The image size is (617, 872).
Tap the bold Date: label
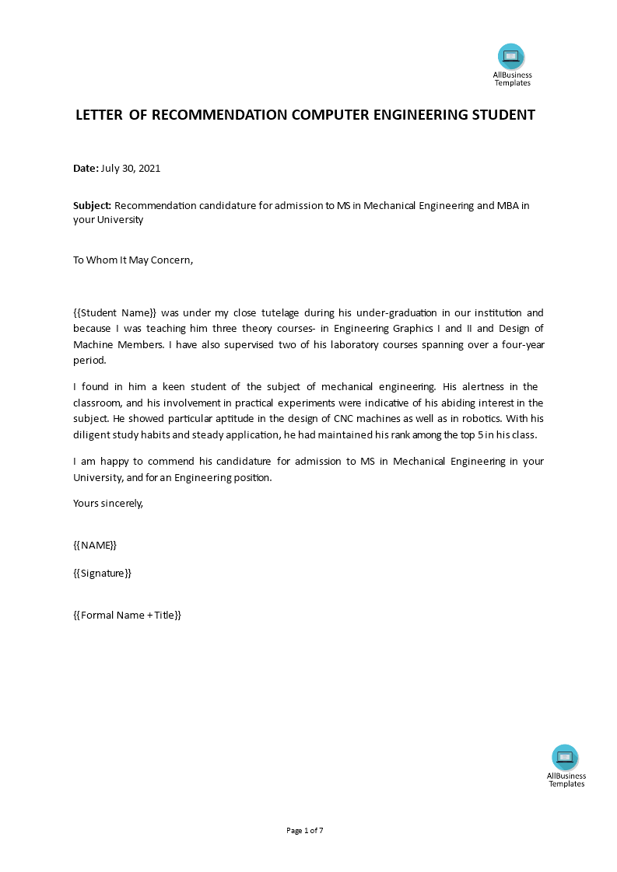click(86, 168)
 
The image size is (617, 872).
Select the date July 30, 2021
click(131, 168)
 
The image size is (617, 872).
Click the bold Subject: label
click(93, 205)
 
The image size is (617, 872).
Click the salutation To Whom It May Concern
click(132, 260)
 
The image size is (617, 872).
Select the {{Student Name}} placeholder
click(115, 312)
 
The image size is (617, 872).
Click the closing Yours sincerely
click(108, 503)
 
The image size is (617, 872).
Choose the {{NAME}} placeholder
click(95, 545)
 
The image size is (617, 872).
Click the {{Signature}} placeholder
click(102, 573)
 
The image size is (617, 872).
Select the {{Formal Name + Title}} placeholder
click(127, 615)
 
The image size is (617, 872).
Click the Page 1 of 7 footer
click(305, 831)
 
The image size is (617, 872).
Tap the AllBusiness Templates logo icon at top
click(511, 56)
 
